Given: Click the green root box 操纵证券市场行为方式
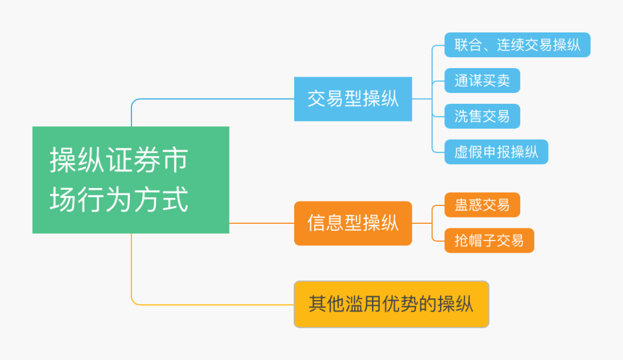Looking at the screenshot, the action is coord(131,179).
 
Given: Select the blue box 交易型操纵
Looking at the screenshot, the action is coord(353,99).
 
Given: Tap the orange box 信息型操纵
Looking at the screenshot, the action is coord(353,223).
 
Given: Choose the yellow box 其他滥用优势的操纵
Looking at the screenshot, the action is coord(391,305).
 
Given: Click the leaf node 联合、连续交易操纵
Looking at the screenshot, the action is coord(517,45).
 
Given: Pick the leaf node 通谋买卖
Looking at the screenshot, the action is coord(482,81).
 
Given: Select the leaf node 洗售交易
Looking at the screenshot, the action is coord(482,116).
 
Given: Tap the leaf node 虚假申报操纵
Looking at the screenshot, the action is coord(496,152).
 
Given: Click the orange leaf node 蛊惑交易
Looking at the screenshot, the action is coord(482,205).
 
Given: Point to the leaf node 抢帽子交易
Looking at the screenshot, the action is coord(489,241).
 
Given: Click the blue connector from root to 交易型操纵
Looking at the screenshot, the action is coord(207,99).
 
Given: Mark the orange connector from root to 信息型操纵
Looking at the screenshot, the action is coord(262,223).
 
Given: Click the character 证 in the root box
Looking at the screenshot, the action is coord(119,160).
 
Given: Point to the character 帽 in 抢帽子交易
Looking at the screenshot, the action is coord(475,241).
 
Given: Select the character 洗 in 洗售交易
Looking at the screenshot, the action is coord(461,116).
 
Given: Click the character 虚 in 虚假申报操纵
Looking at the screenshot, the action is coord(461,152).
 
